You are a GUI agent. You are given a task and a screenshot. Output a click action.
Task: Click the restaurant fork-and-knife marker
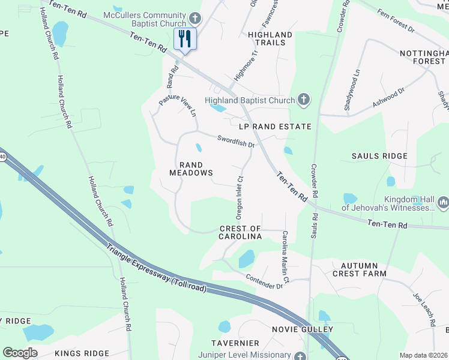click(x=185, y=40)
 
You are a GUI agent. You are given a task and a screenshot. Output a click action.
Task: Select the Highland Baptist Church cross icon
click(x=304, y=100)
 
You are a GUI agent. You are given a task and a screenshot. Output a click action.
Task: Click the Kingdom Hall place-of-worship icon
click(x=443, y=202)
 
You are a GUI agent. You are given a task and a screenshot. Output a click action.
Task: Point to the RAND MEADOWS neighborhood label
click(x=190, y=169)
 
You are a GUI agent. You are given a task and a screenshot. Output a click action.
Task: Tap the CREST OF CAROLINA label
click(x=240, y=233)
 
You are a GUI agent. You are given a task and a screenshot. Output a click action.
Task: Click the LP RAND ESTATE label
click(x=275, y=127)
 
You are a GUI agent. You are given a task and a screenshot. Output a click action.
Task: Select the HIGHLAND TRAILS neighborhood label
click(x=270, y=38)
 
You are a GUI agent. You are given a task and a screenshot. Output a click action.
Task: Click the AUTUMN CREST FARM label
click(x=360, y=269)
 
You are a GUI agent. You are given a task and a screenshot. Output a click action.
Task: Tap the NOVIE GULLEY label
click(x=310, y=329)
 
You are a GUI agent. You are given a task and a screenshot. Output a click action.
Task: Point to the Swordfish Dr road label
click(x=237, y=141)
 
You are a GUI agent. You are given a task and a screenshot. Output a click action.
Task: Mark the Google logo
click(x=20, y=353)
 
